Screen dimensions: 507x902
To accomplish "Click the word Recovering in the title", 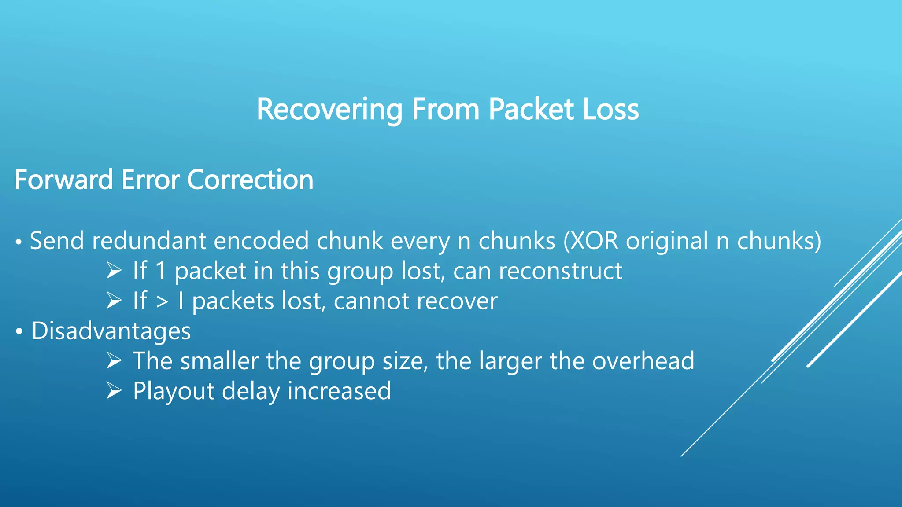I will pyautogui.click(x=329, y=109).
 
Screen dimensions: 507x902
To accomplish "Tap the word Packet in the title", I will pyautogui.click(x=531, y=109).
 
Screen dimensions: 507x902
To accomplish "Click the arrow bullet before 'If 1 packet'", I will pyautogui.click(x=114, y=271).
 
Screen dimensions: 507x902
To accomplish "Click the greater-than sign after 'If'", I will pyautogui.click(x=162, y=302).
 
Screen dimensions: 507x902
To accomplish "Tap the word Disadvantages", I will pyautogui.click(x=111, y=331).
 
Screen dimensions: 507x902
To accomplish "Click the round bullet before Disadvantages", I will pyautogui.click(x=18, y=332).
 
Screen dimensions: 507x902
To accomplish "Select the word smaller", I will pyautogui.click(x=219, y=361).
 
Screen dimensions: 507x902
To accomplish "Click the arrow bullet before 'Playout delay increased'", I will pyautogui.click(x=114, y=391).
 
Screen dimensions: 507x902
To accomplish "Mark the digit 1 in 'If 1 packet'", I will pyautogui.click(x=161, y=271).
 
